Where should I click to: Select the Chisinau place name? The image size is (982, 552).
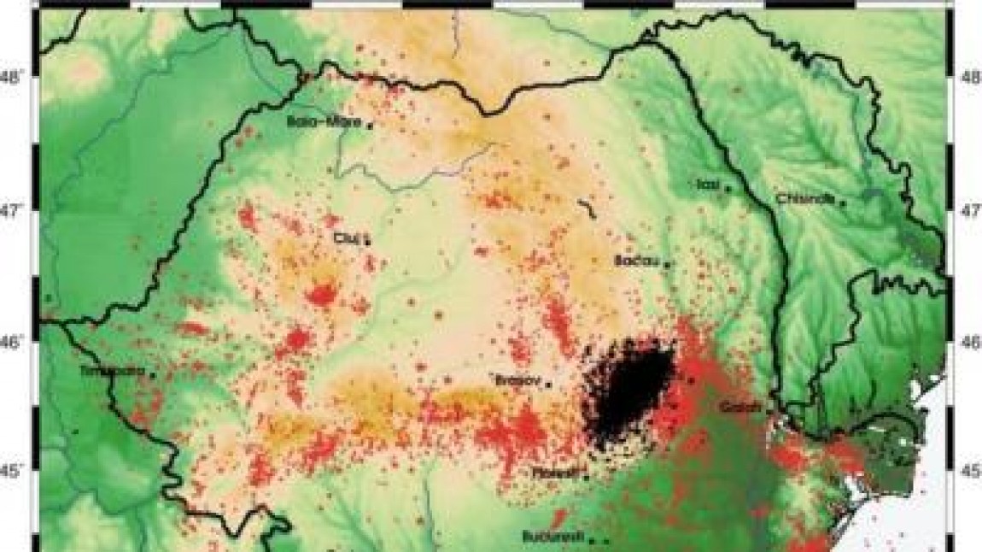(804, 199)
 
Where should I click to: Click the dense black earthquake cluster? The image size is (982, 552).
(628, 389)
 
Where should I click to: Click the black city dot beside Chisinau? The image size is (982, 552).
(843, 203)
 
